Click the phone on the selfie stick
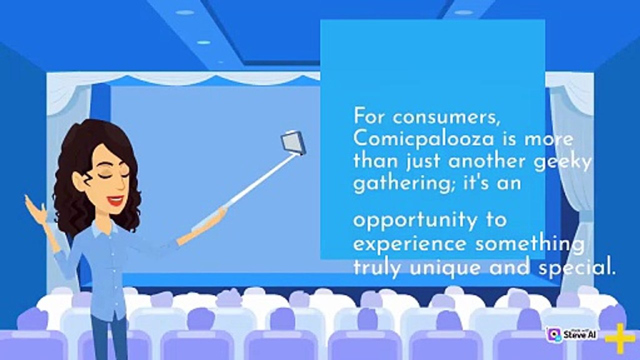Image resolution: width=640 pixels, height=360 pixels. point(293,142)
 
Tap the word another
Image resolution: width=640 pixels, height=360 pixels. point(486,161)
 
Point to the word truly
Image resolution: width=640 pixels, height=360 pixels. point(378,268)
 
